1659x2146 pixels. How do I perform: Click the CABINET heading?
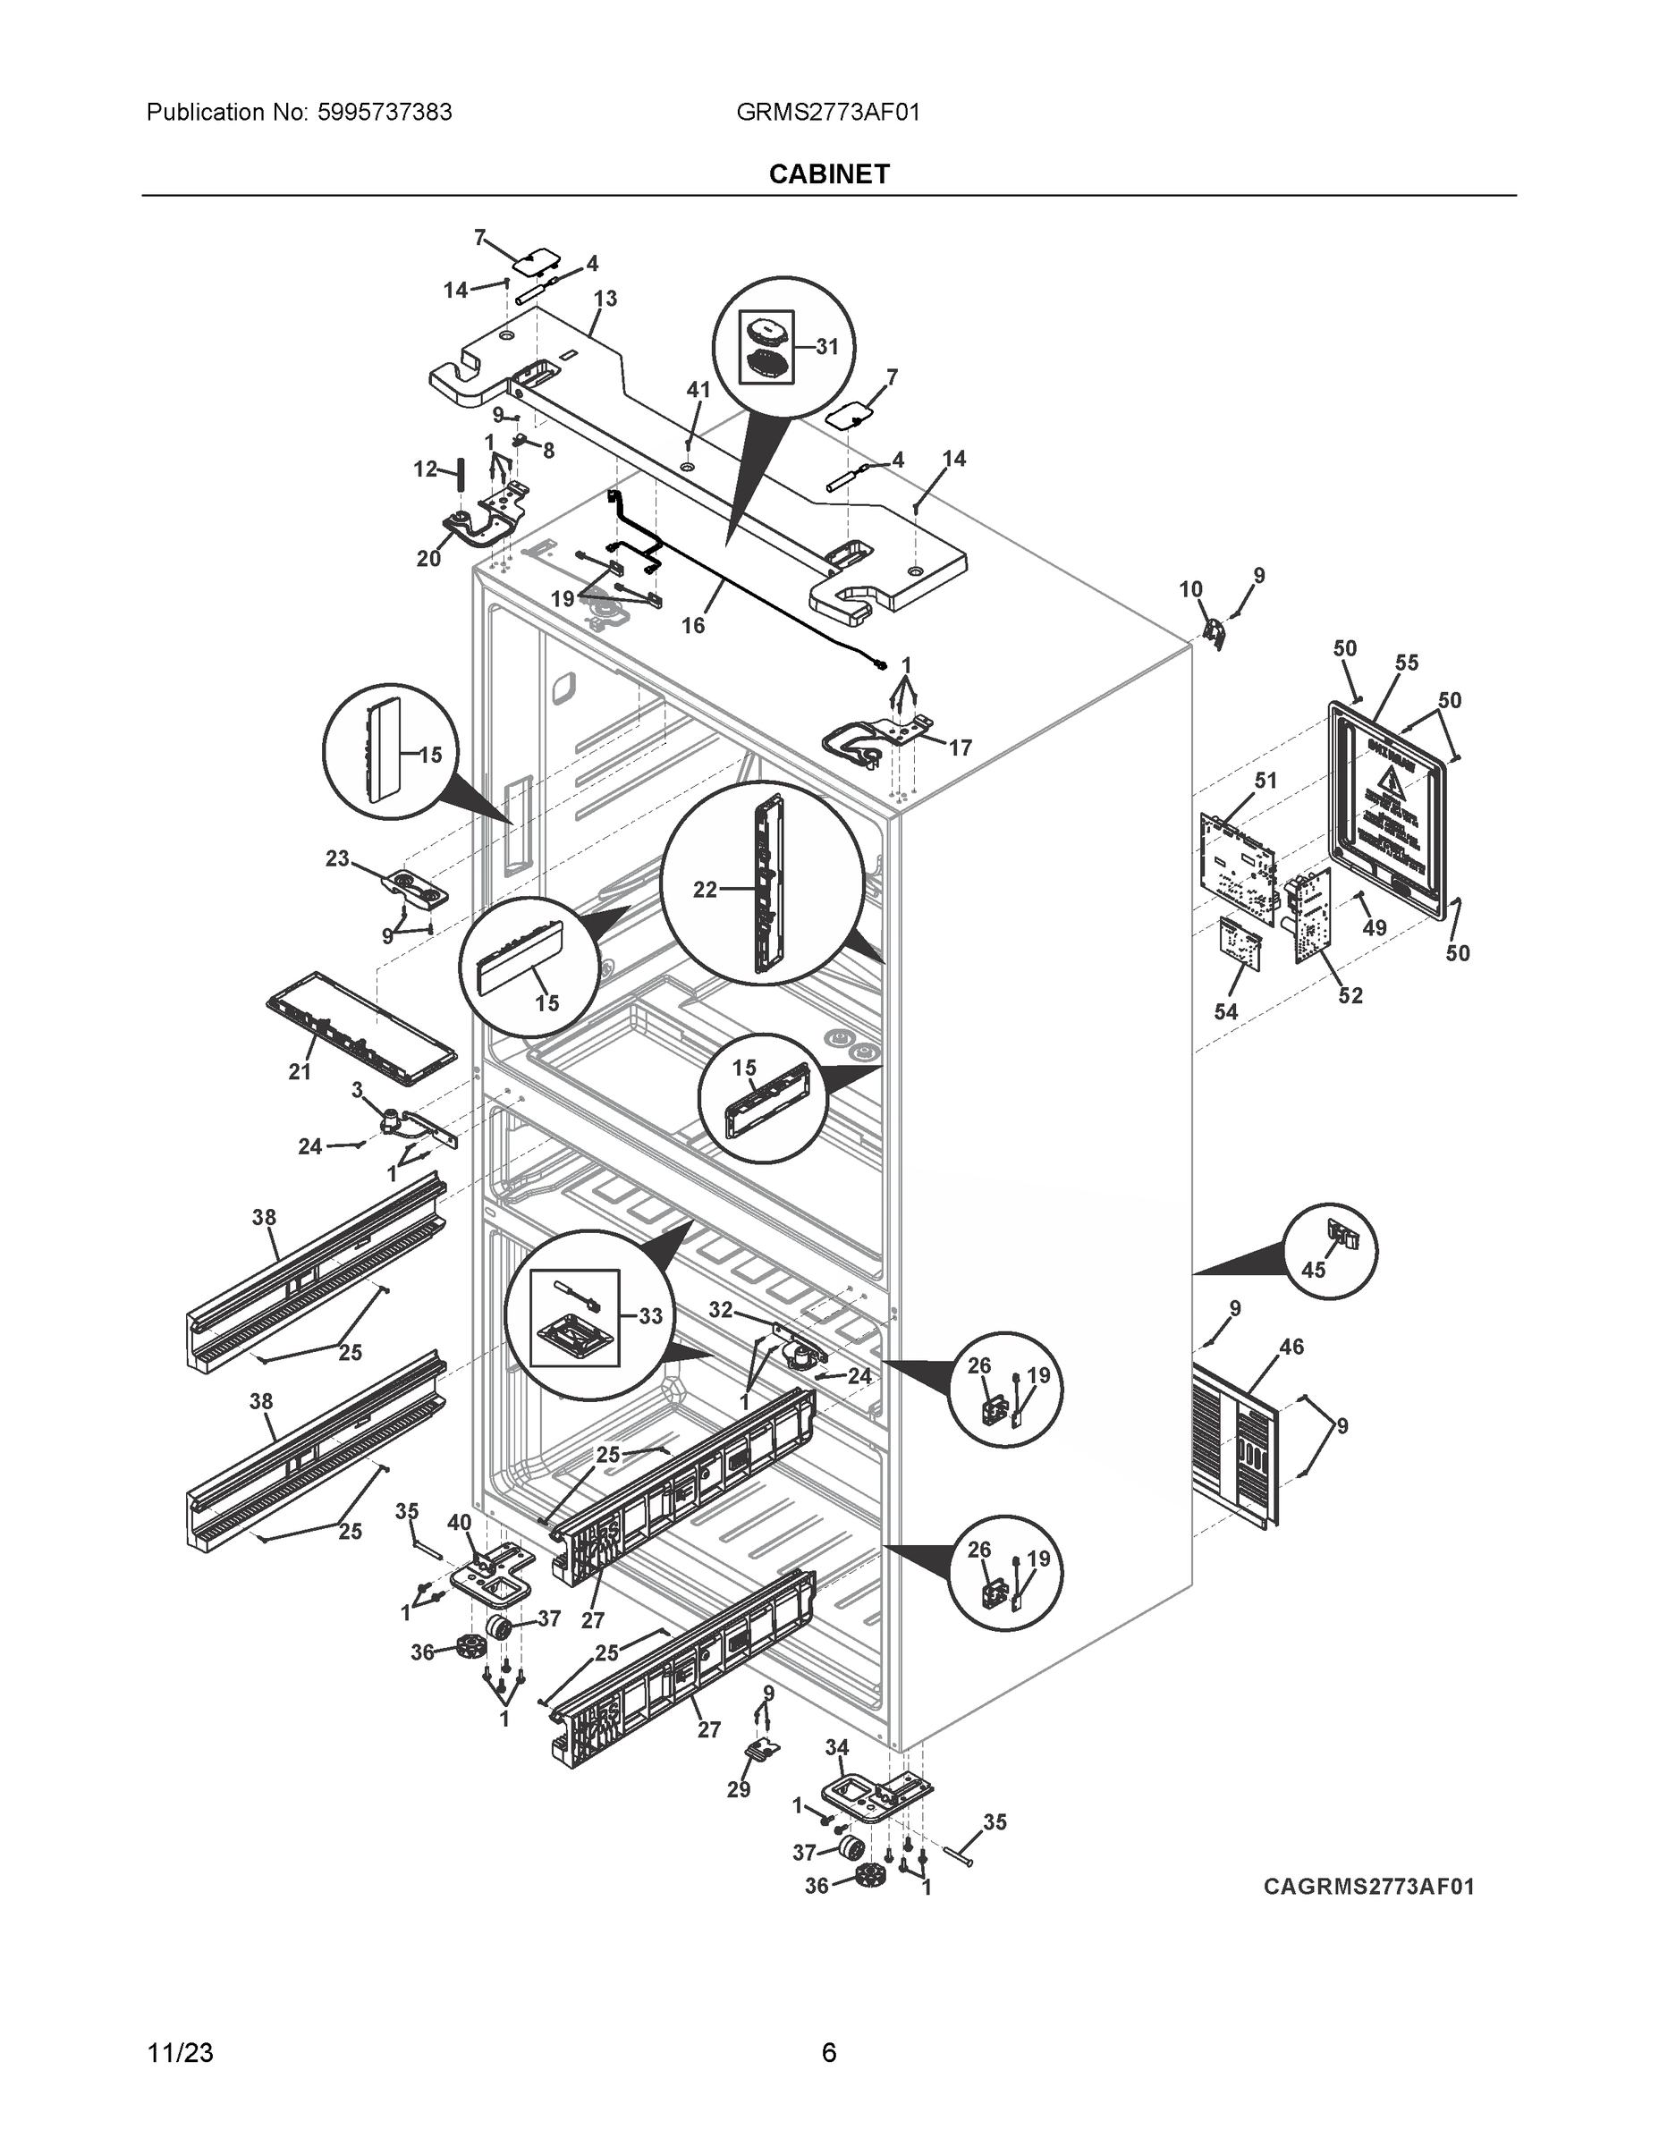pyautogui.click(x=828, y=174)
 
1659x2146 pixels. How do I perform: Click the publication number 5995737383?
pyautogui.click(x=385, y=113)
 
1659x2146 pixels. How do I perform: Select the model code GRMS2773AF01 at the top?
pyautogui.click(x=827, y=113)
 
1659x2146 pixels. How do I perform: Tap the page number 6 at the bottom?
pyautogui.click(x=828, y=2053)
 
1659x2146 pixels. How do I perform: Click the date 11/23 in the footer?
pyautogui.click(x=179, y=2053)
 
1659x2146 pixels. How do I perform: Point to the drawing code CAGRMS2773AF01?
pyautogui.click(x=1368, y=1886)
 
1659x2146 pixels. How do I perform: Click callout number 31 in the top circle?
pyautogui.click(x=826, y=346)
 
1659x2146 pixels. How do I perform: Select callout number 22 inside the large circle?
pyautogui.click(x=705, y=891)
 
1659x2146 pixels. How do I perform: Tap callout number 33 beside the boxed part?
pyautogui.click(x=649, y=1315)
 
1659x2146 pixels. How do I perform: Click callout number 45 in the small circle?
pyautogui.click(x=1313, y=1270)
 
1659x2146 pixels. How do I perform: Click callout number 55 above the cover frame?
pyautogui.click(x=1407, y=663)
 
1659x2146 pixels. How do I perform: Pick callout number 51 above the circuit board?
pyautogui.click(x=1265, y=781)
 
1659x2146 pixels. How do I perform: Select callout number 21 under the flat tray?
pyautogui.click(x=300, y=1072)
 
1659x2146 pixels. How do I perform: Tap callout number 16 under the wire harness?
pyautogui.click(x=693, y=625)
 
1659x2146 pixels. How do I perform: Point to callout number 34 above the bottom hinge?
pyautogui.click(x=836, y=1747)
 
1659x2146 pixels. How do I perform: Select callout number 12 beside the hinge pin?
pyautogui.click(x=425, y=469)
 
